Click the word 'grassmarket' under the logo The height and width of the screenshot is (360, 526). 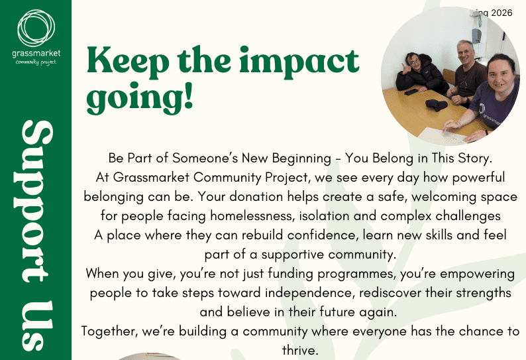(35, 52)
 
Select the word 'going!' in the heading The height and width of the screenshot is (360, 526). (140, 97)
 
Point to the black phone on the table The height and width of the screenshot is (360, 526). (411, 91)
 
